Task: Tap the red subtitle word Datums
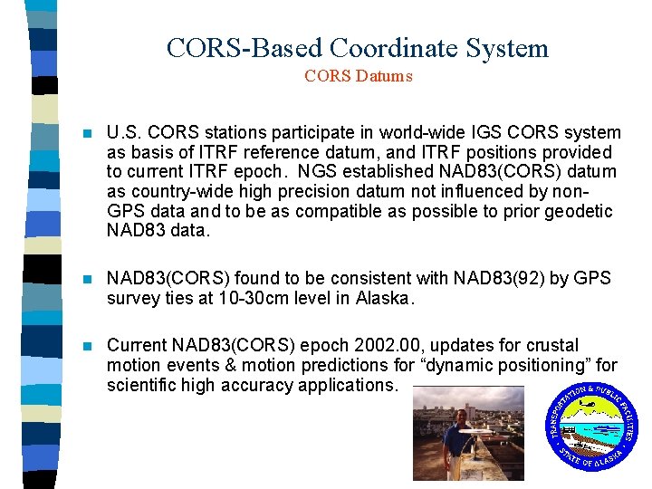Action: [x=389, y=77]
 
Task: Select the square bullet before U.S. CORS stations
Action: [x=87, y=133]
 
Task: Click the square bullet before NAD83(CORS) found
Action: [x=87, y=278]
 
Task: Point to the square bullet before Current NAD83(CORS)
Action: [x=87, y=345]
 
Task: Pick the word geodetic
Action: [x=580, y=211]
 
